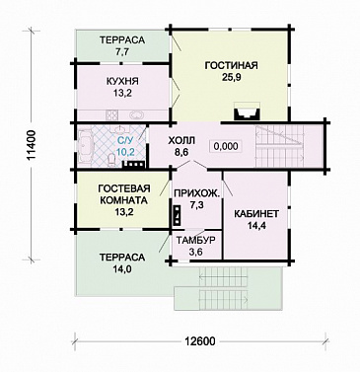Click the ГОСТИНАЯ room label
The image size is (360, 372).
231,65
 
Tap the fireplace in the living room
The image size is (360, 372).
247,111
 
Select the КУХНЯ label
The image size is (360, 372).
122,81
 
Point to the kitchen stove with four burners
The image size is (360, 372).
111,115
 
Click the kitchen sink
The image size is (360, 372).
136,115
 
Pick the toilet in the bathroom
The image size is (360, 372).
111,160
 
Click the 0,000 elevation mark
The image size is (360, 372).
226,146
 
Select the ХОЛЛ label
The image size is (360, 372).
181,140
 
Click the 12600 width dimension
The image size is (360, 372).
199,341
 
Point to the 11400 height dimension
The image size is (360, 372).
32,145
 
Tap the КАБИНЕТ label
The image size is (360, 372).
256,214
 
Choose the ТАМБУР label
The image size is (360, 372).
196,240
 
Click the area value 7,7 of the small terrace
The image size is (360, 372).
122,51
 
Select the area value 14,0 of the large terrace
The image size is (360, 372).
122,268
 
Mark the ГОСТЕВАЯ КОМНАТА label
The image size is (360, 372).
124,194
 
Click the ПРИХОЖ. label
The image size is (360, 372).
196,193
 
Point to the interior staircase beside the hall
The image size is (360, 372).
279,146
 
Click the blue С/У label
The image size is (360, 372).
124,141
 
